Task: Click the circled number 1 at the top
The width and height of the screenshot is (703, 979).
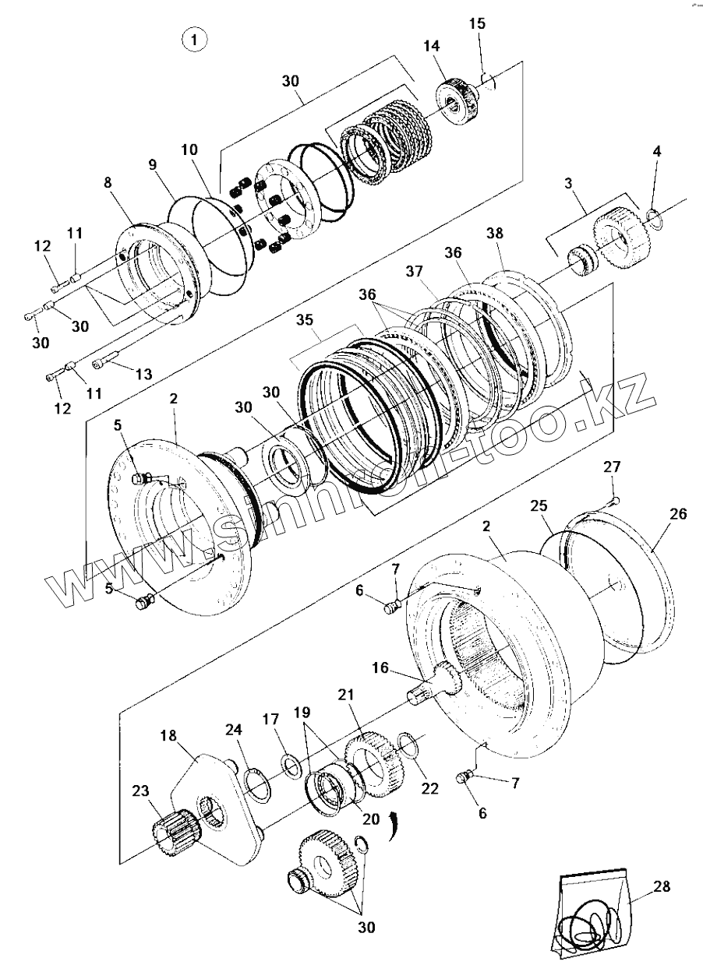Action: point(194,38)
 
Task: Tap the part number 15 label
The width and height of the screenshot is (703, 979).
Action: point(477,23)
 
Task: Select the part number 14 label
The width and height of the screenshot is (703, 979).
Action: point(432,46)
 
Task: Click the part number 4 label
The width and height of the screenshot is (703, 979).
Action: point(657,151)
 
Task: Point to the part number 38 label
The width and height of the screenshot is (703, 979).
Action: point(495,234)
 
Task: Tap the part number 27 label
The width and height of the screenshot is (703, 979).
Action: point(612,467)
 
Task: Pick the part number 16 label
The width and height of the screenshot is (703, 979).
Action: point(380,667)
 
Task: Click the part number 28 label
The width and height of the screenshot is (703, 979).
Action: point(662,886)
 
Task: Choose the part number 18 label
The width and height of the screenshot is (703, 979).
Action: point(169,736)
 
